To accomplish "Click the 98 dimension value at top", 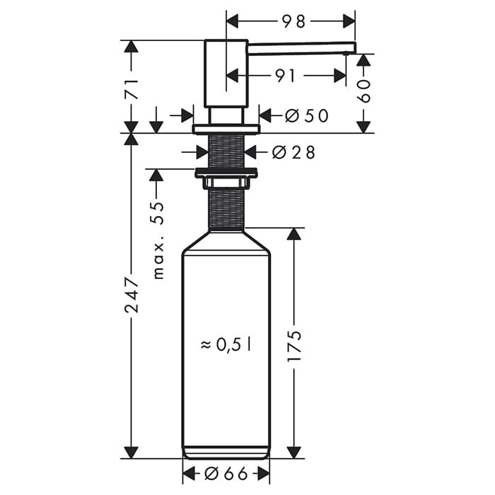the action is [293, 21].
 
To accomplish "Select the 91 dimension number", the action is [285, 76].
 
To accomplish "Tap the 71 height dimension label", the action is [131, 90].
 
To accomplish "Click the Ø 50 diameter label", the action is [307, 115].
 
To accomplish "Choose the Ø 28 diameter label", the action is [293, 152].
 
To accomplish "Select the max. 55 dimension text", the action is [158, 240].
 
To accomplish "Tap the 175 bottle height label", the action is [295, 346].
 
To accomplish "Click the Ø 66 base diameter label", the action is [226, 474].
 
